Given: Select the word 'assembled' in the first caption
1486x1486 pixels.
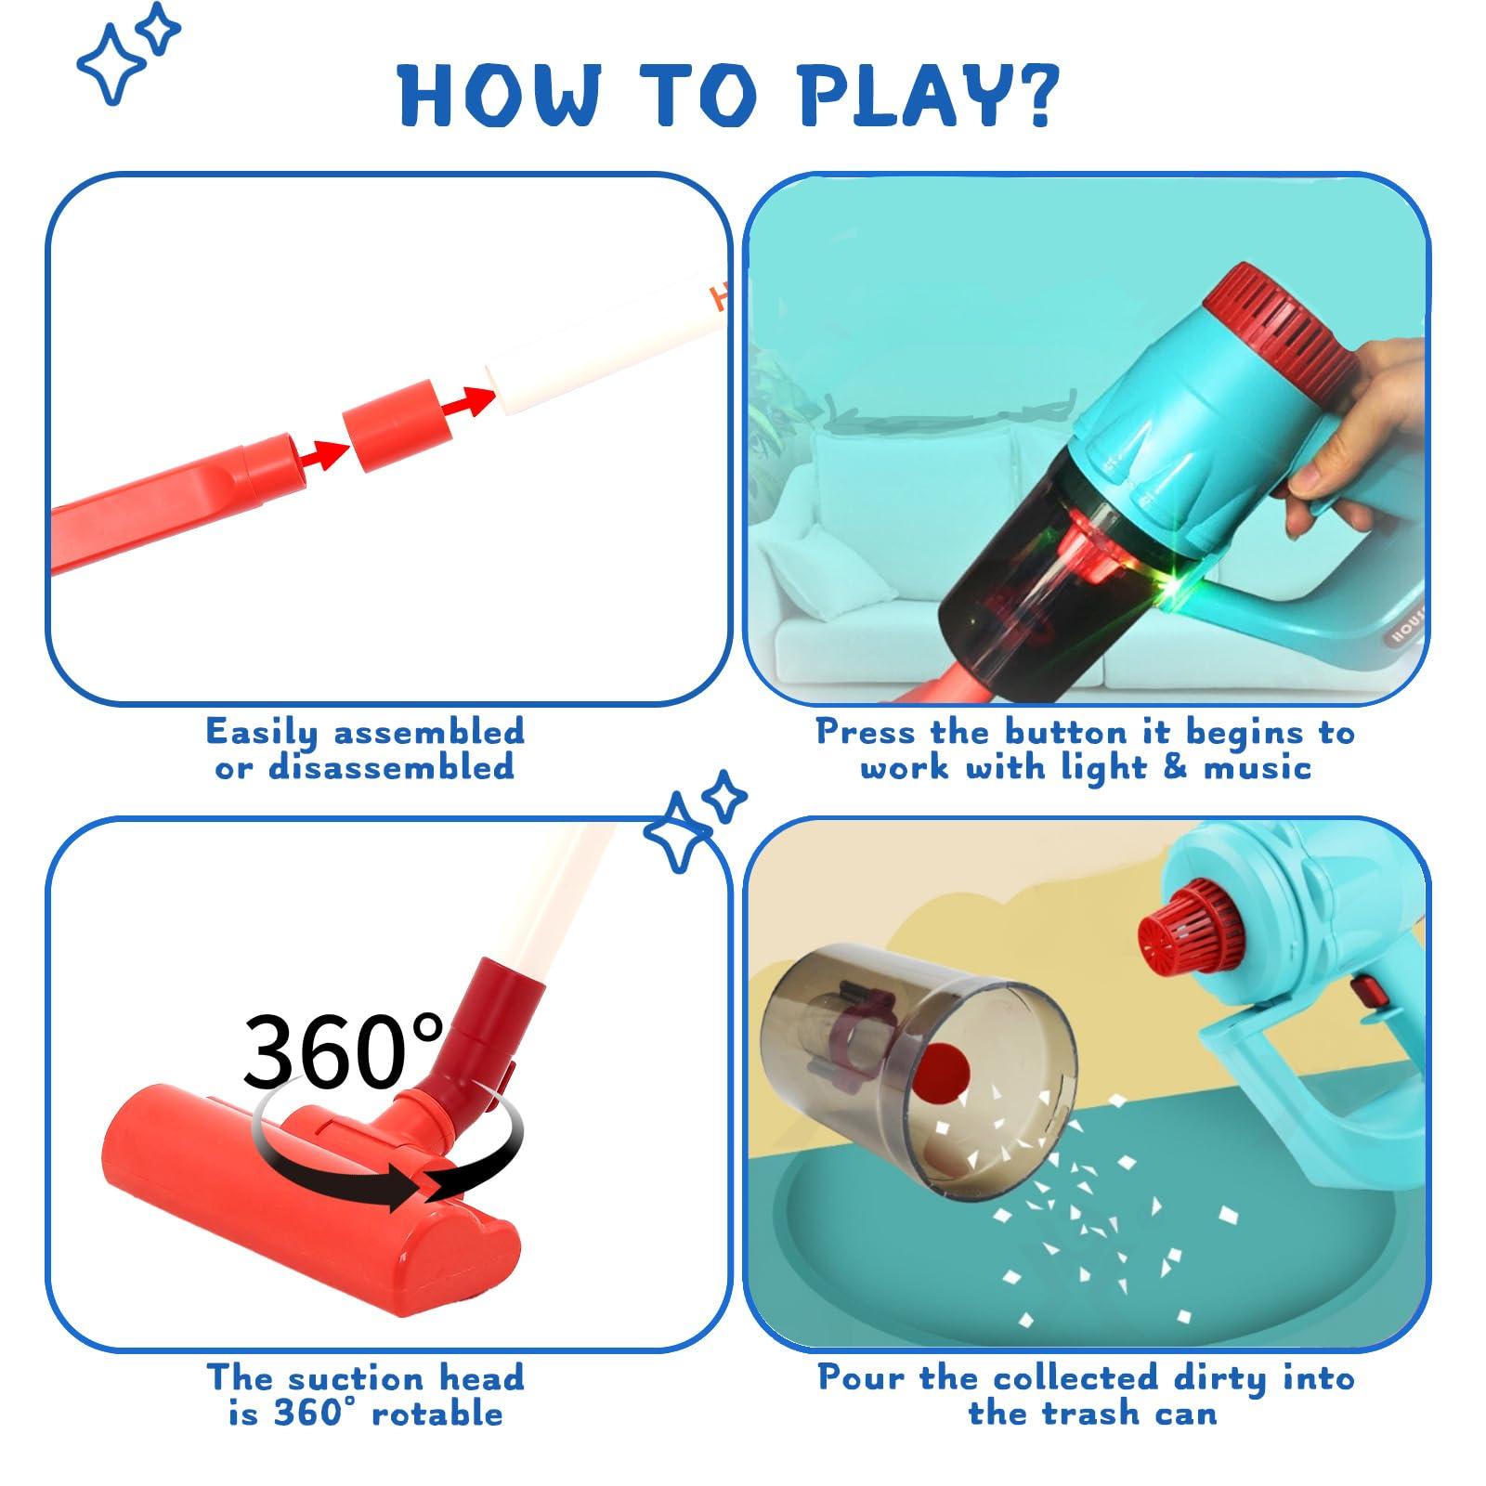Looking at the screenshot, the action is [x=428, y=732].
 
